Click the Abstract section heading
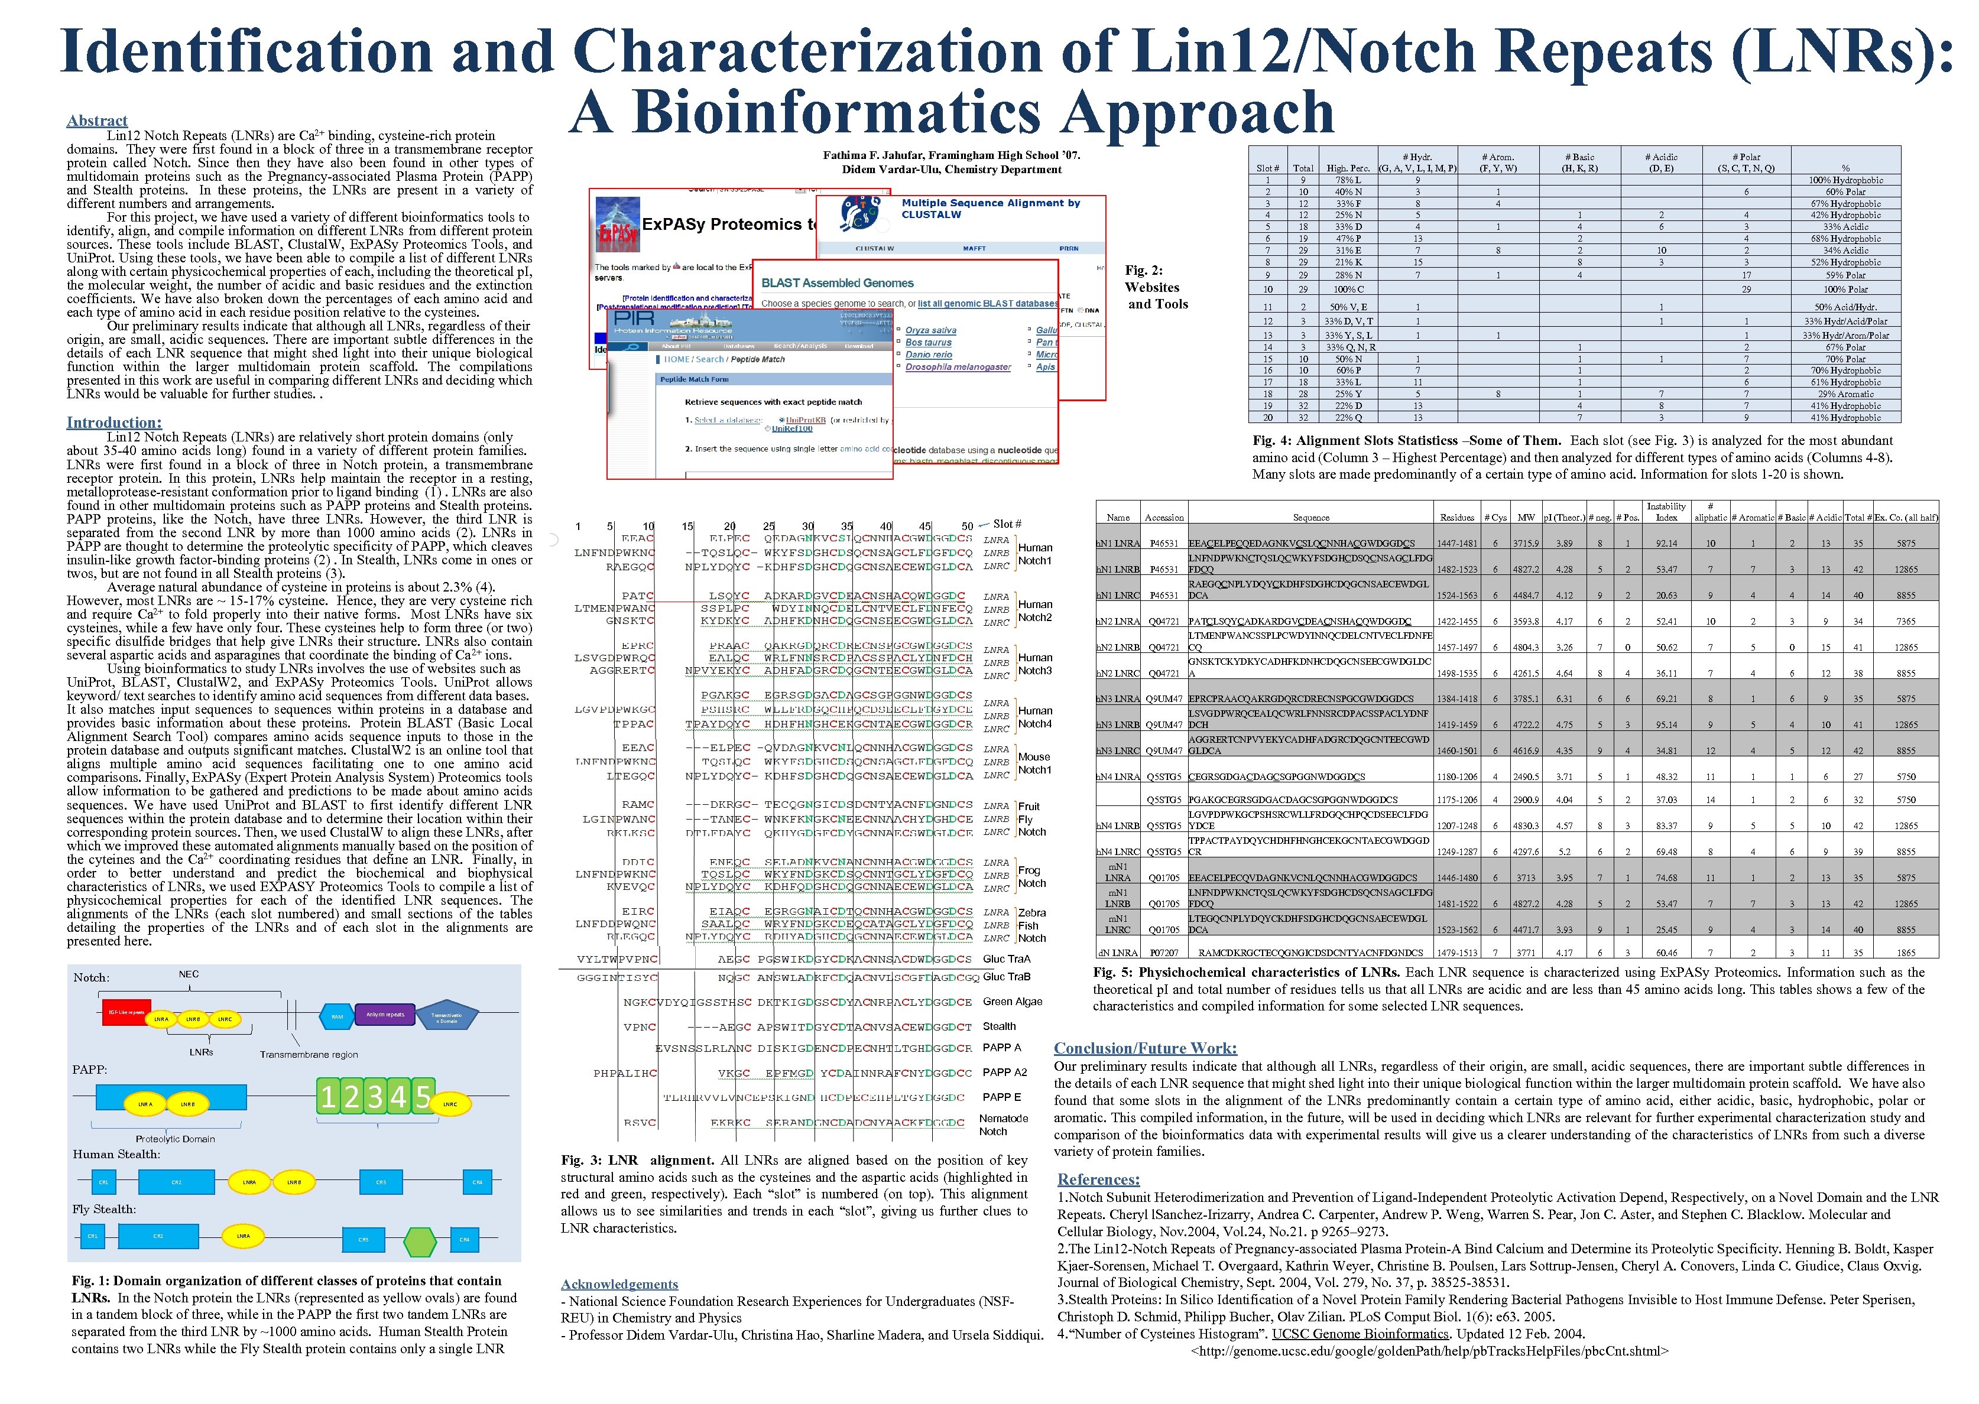[97, 121]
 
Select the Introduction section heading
[114, 422]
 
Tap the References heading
[1098, 1179]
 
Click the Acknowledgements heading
[619, 1284]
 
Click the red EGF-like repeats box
[126, 1012]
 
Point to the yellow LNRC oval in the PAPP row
[450, 1104]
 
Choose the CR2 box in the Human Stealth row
[176, 1182]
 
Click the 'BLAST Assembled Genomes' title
[837, 282]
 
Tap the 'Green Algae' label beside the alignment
[1013, 1001]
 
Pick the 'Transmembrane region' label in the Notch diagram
[309, 1055]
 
